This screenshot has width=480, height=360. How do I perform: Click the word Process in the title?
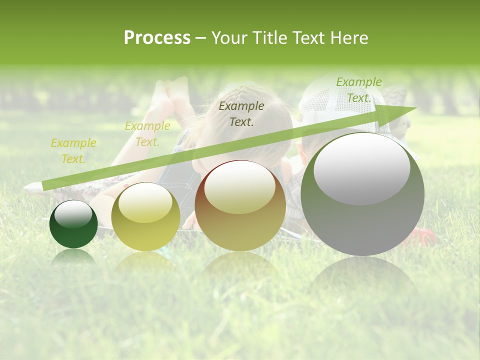[157, 38]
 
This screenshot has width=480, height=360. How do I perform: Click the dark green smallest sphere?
[73, 224]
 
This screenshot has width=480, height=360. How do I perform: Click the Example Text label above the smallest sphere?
[73, 150]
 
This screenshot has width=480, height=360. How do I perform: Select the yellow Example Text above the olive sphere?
[147, 133]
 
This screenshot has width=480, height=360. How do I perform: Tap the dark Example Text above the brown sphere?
[241, 113]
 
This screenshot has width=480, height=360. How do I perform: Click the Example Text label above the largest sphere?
[358, 89]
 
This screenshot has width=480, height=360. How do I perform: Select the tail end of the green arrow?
[45, 185]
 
